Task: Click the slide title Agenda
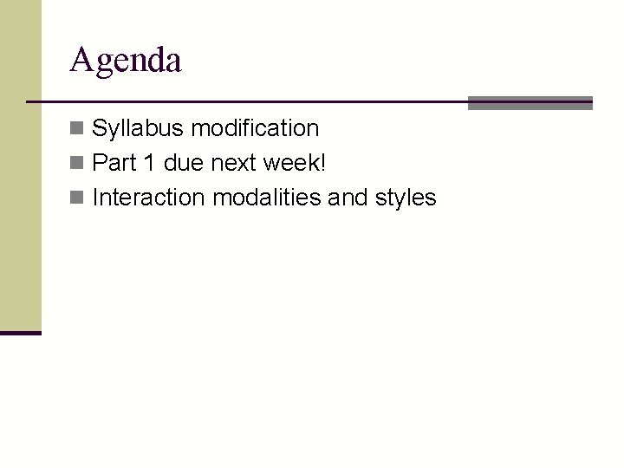(x=126, y=61)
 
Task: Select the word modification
(x=255, y=128)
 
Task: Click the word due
(x=182, y=163)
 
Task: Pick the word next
(x=234, y=163)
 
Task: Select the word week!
(x=294, y=163)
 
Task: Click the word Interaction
(x=148, y=198)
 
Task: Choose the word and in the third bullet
(x=348, y=198)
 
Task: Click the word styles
(x=406, y=198)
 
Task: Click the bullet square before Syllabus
(x=78, y=129)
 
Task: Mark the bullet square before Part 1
(x=78, y=164)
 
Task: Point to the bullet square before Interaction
(x=78, y=198)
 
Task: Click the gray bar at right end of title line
(x=530, y=103)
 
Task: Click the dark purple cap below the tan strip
(x=20, y=333)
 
